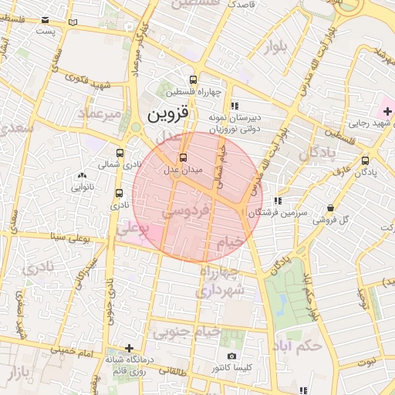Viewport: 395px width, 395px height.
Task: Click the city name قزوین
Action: coord(167,115)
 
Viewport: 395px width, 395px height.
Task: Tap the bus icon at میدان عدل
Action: coord(171,157)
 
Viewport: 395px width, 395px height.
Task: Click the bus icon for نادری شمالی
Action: coord(120,153)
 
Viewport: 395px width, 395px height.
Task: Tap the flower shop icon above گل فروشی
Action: coord(331,208)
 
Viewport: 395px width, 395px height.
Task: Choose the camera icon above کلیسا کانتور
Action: coord(231,356)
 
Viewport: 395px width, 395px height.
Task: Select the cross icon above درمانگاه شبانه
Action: coord(129,348)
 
